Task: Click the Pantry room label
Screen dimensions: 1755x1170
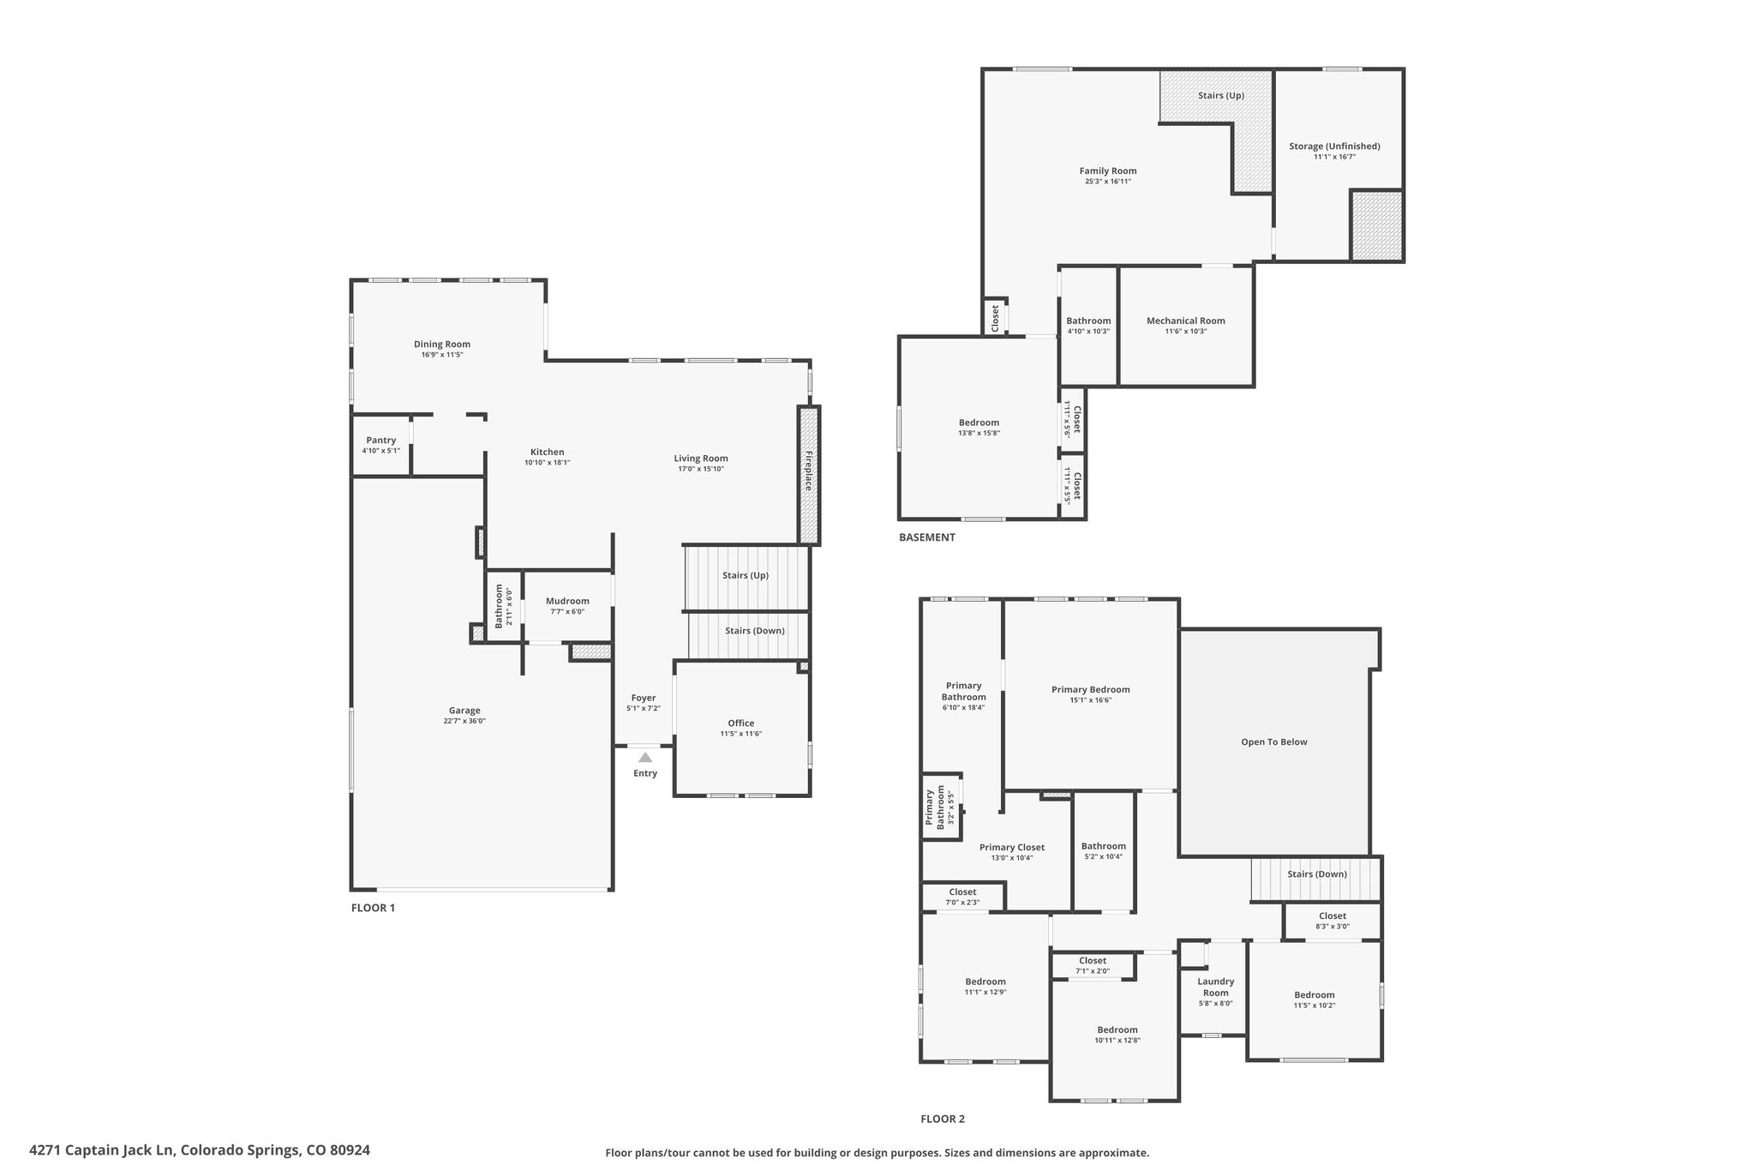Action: click(x=381, y=441)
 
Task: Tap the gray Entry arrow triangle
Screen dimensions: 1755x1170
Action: click(x=645, y=757)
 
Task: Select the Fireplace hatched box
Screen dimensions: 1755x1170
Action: click(x=809, y=475)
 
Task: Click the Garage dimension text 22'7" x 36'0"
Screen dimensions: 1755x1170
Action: click(x=464, y=721)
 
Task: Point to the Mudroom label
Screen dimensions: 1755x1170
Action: click(x=567, y=601)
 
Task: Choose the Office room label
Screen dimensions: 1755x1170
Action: click(x=741, y=723)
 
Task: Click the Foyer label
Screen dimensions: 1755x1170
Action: click(x=644, y=698)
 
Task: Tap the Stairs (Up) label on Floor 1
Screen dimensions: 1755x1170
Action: click(x=746, y=575)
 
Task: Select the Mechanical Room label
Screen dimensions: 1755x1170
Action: click(x=1186, y=321)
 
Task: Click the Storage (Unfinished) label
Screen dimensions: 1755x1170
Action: click(x=1334, y=147)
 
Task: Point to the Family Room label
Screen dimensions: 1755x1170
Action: click(x=1108, y=171)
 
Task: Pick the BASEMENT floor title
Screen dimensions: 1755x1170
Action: click(x=927, y=537)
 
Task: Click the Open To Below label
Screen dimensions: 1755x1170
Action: click(x=1274, y=742)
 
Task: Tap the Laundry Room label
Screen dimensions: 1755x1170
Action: click(x=1216, y=987)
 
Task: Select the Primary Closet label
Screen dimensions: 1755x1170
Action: click(x=1012, y=848)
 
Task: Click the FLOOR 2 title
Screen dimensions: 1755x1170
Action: click(x=943, y=1119)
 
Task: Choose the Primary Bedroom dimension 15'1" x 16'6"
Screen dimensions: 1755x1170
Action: click(x=1091, y=700)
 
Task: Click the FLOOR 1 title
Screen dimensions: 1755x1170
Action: click(x=373, y=908)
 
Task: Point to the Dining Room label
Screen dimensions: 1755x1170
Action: click(x=442, y=345)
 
